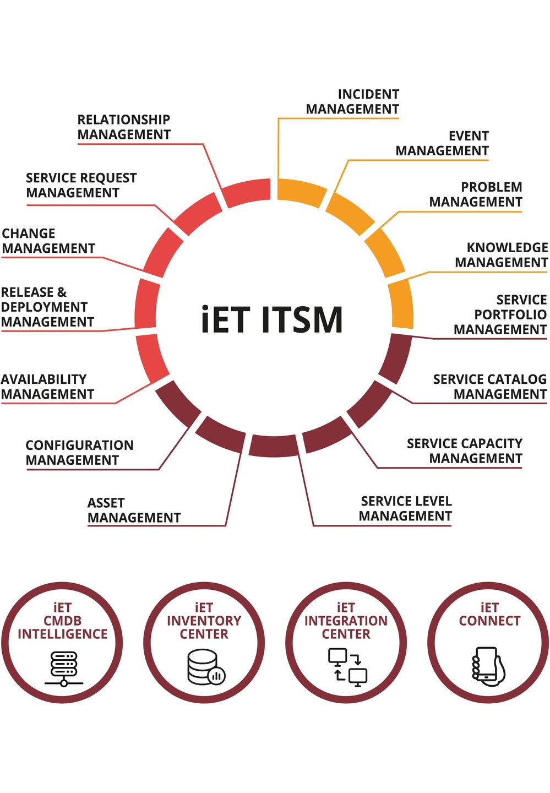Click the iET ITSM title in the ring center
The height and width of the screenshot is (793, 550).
click(x=272, y=319)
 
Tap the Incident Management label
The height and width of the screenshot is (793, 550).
click(x=353, y=102)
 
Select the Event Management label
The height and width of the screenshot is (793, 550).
click(x=442, y=144)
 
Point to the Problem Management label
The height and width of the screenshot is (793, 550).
click(x=476, y=195)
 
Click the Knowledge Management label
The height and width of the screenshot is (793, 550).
click(x=502, y=255)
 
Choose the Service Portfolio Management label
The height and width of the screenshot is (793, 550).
click(x=500, y=314)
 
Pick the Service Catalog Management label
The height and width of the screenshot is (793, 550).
click(x=490, y=387)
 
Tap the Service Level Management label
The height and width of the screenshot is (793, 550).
click(x=406, y=509)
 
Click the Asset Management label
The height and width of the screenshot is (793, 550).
click(x=134, y=510)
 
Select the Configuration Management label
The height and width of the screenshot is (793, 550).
click(x=80, y=453)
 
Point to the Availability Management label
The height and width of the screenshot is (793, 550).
click(x=47, y=387)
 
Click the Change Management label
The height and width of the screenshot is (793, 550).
click(x=48, y=241)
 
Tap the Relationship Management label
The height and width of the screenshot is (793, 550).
click(x=124, y=127)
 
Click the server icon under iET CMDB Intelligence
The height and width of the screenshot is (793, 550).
click(x=64, y=669)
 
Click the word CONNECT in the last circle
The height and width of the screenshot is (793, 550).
click(x=489, y=621)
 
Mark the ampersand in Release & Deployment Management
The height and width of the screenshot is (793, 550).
click(x=62, y=292)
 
